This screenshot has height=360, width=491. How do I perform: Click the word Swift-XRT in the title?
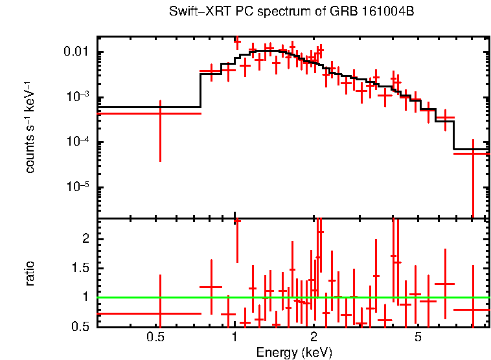(195, 12)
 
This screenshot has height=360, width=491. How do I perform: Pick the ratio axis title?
(30, 274)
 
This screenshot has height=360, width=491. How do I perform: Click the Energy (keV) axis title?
(294, 352)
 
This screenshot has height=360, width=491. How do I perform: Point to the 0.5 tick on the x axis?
(155, 337)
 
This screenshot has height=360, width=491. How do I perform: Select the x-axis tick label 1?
(234, 337)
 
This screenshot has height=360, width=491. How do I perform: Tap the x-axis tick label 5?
(418, 337)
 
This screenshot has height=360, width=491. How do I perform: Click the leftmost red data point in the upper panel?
(159, 113)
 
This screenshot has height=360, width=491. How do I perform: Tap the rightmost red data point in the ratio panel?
(474, 309)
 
